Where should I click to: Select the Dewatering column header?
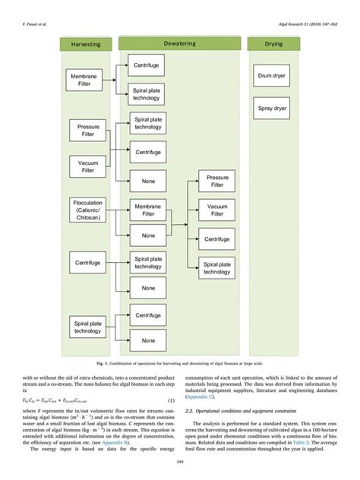pyautogui.click(x=180, y=43)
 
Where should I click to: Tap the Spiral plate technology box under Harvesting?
pyautogui.click(x=88, y=327)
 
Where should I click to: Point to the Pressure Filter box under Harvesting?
pyautogui.click(x=88, y=131)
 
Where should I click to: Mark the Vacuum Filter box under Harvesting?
pyautogui.click(x=88, y=166)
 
